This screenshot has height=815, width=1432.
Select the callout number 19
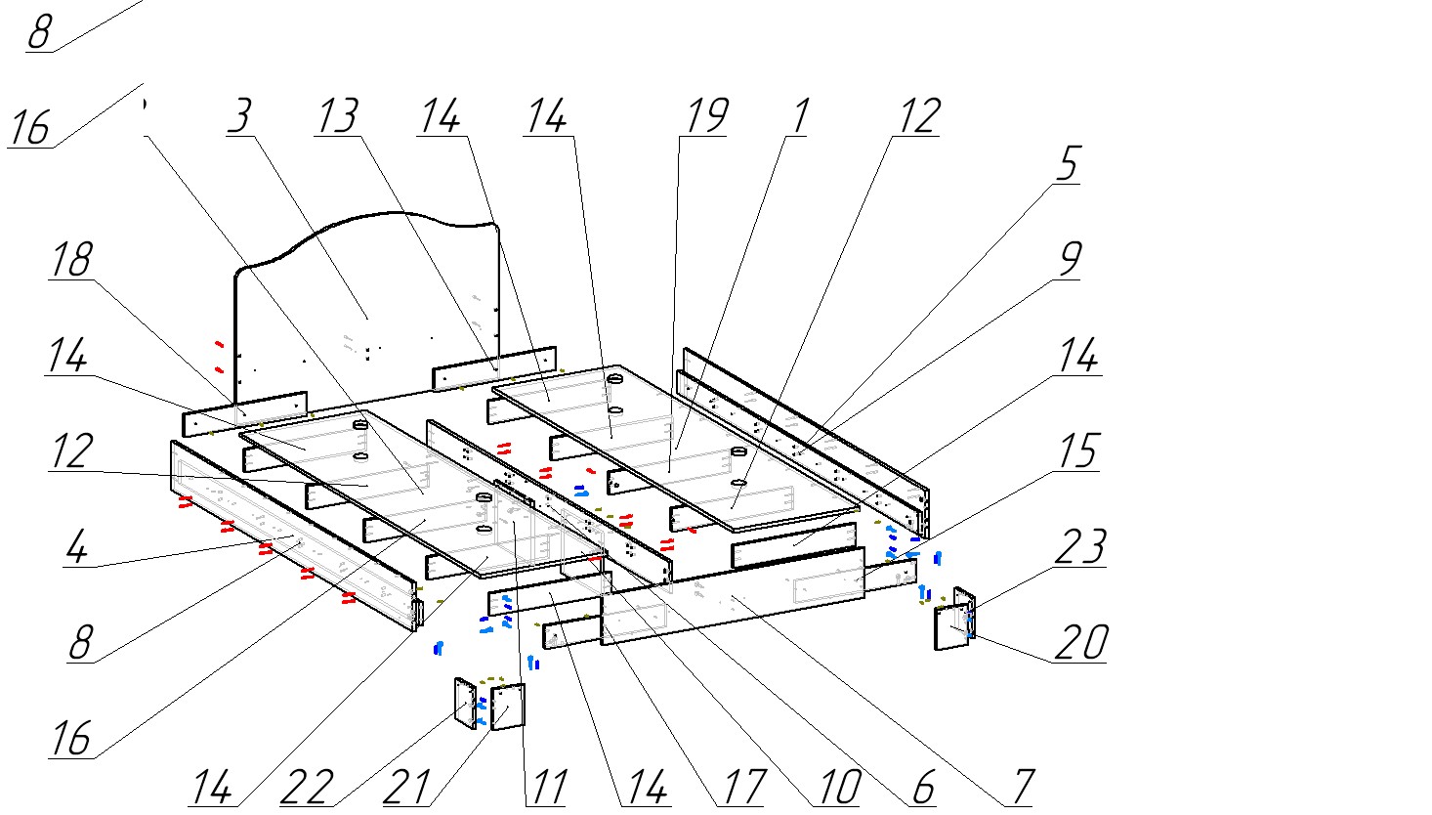point(704,116)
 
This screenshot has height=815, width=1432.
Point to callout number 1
point(798,116)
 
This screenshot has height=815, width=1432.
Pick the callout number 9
point(1069,259)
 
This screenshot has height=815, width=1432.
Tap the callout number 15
point(1079,450)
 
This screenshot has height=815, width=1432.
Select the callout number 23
point(1081,547)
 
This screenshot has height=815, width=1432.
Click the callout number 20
point(1081,642)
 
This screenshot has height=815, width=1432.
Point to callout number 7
point(1021,787)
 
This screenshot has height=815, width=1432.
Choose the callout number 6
point(924,787)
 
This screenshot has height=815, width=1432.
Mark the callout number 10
point(837,787)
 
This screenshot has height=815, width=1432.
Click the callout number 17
point(740,787)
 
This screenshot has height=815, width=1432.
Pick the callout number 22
point(307,787)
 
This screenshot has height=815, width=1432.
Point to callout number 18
point(70,259)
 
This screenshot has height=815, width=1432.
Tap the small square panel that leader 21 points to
point(508,707)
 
